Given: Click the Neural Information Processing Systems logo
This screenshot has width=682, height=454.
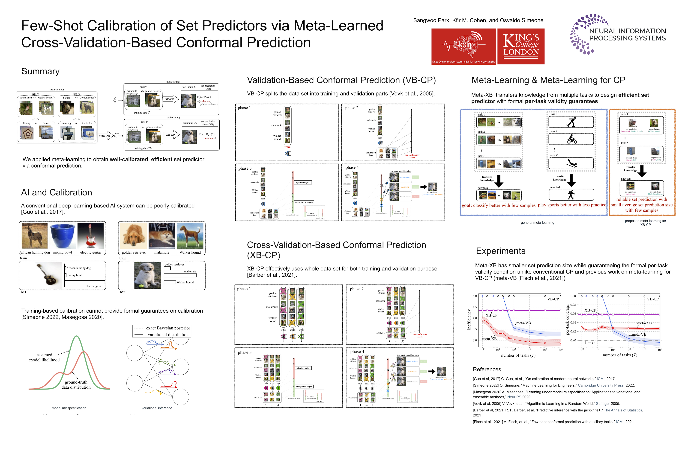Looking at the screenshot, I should click(618, 34).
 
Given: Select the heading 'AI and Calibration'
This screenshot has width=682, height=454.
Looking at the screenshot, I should click(57, 192).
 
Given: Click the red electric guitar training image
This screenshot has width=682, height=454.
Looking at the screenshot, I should click(91, 236).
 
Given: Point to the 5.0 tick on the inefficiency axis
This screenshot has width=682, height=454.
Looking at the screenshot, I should click(475, 296).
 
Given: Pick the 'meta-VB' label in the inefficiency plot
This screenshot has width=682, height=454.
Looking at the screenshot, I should click(523, 323).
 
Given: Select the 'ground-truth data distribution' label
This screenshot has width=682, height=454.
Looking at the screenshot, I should click(76, 385).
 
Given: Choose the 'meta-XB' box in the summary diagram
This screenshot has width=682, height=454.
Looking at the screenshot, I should click(104, 136).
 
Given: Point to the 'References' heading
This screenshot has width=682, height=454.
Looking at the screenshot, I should click(487, 370).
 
